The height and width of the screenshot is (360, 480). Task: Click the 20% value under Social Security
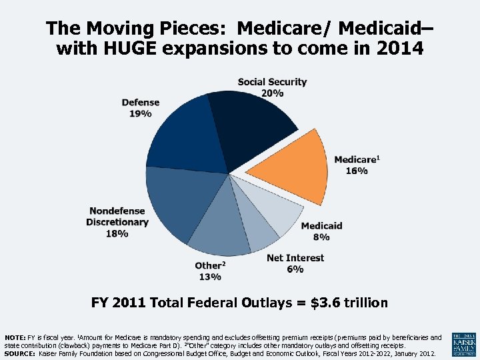[272, 93]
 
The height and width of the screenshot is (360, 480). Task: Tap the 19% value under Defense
[140, 114]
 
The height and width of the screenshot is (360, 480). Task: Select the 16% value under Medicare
[357, 171]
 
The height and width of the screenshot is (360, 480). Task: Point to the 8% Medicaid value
[321, 237]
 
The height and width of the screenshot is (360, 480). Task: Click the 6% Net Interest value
[295, 269]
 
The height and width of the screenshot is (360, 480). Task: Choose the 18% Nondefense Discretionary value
[117, 233]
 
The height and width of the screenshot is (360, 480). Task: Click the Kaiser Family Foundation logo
[464, 344]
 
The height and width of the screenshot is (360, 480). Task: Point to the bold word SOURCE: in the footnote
[19, 354]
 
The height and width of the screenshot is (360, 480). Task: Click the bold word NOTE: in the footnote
[15, 338]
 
